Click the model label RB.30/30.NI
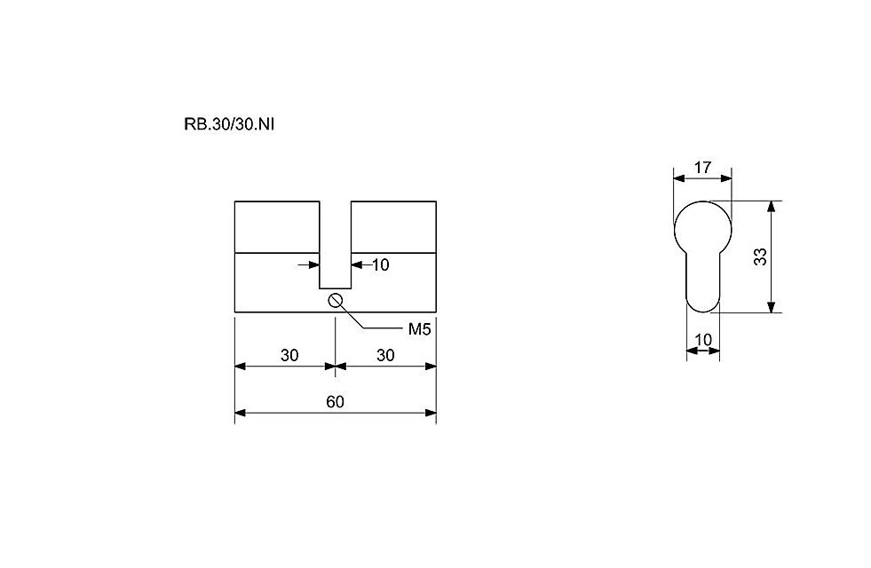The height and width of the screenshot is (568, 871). [x=229, y=124]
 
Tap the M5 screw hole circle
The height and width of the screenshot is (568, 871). [x=336, y=300]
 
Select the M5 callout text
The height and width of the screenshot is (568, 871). [x=419, y=329]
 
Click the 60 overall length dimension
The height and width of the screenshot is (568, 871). [x=335, y=401]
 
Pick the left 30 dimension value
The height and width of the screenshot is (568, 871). [x=289, y=355]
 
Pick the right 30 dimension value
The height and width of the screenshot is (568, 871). [x=385, y=355]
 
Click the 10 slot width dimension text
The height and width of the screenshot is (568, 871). [x=381, y=264]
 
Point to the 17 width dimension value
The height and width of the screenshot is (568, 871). [x=702, y=167]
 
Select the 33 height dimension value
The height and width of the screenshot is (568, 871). [x=760, y=256]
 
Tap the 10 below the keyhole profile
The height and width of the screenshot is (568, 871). [x=703, y=339]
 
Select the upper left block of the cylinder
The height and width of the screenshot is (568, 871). [x=277, y=227]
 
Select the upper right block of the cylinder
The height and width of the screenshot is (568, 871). [x=393, y=227]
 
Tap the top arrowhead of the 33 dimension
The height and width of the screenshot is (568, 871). [x=771, y=206]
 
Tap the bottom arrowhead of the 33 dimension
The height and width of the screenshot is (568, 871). [x=771, y=307]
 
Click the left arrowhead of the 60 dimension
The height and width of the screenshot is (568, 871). [x=241, y=413]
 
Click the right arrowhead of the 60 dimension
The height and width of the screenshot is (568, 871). [x=431, y=413]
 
